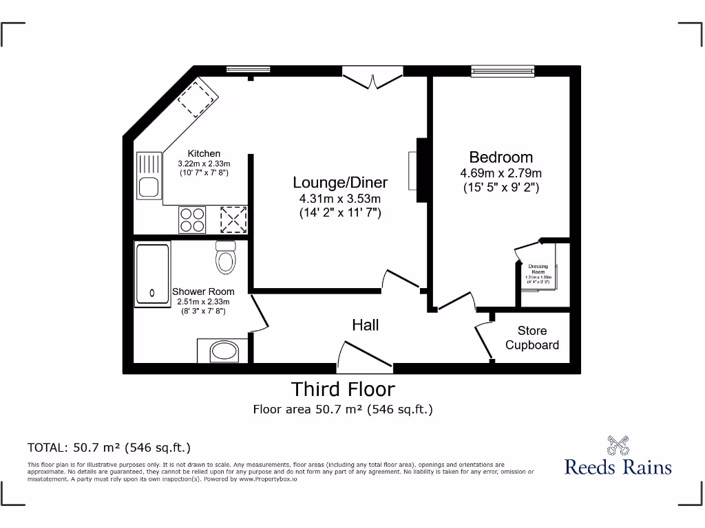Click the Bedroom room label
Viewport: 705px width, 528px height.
click(x=501, y=157)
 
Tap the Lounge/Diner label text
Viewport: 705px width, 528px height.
click(x=340, y=182)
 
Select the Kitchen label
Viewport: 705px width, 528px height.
click(x=204, y=153)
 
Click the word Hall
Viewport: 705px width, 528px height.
click(x=365, y=324)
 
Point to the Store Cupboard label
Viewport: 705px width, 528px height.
click(x=532, y=338)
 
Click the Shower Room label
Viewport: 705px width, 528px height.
click(x=203, y=291)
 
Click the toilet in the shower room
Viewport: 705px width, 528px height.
click(x=226, y=258)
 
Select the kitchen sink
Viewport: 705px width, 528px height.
click(x=148, y=176)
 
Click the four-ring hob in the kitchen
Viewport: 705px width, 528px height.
click(x=192, y=220)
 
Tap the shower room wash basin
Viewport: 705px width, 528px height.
click(x=222, y=352)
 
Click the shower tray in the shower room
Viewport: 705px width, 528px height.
click(x=152, y=273)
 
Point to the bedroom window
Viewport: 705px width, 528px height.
click(x=503, y=69)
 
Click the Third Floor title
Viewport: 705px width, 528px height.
click(x=343, y=389)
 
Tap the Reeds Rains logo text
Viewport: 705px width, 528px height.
click(x=618, y=467)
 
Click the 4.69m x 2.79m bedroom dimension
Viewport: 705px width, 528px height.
click(x=501, y=173)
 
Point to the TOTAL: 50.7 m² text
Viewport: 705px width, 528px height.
click(x=109, y=448)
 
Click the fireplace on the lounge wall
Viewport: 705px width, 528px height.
click(x=417, y=169)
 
